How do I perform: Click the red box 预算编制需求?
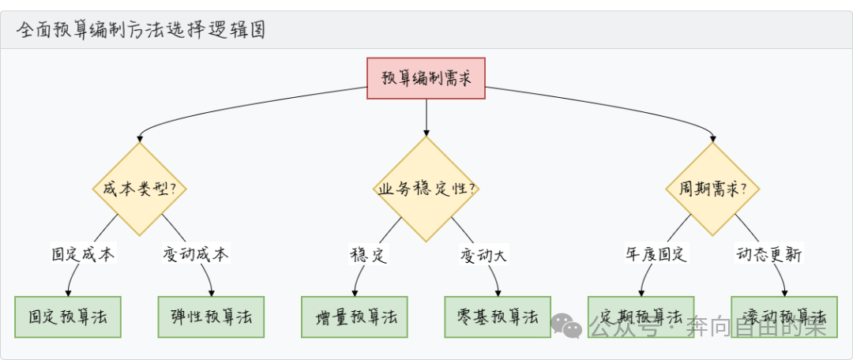pyautogui.click(x=426, y=77)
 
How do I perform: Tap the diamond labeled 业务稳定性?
pyautogui.click(x=426, y=189)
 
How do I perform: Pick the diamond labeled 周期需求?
pyautogui.click(x=713, y=189)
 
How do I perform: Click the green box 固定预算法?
pyautogui.click(x=68, y=317)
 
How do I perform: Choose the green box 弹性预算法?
pyautogui.click(x=211, y=317)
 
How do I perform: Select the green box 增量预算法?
pyautogui.click(x=355, y=317)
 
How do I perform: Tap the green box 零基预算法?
pyautogui.click(x=498, y=317)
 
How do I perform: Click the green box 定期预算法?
pyautogui.click(x=641, y=317)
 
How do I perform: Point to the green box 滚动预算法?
pyautogui.click(x=784, y=317)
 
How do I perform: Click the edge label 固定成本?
pyautogui.click(x=83, y=254)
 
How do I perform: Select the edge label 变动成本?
pyautogui.click(x=196, y=254)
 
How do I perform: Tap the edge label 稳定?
pyautogui.click(x=368, y=254)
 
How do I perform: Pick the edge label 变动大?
pyautogui.click(x=483, y=254)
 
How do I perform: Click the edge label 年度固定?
pyautogui.click(x=656, y=254)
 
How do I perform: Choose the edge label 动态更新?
pyautogui.click(x=770, y=254)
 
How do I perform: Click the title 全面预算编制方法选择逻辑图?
pyautogui.click(x=141, y=30)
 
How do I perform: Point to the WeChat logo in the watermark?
pyautogui.click(x=566, y=323)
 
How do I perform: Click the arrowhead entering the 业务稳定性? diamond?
pyautogui.click(x=426, y=132)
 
